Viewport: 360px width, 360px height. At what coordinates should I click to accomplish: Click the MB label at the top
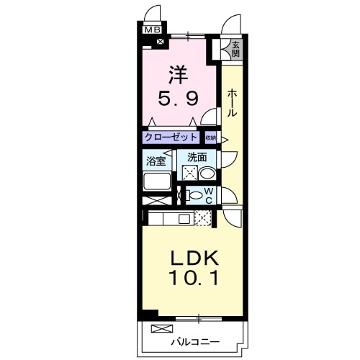[153, 30]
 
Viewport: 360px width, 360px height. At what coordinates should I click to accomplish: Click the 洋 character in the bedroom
[179, 73]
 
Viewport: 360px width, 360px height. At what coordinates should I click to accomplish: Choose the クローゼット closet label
[171, 137]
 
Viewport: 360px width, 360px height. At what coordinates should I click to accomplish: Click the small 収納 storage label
[210, 137]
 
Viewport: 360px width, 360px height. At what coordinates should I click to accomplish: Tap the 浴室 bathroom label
[156, 160]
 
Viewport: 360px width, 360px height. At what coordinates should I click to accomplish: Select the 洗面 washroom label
[198, 157]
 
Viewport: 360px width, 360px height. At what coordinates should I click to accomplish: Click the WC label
[208, 195]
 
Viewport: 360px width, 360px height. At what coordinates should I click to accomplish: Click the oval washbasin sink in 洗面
[206, 174]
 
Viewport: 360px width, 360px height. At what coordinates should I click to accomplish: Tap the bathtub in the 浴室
[157, 181]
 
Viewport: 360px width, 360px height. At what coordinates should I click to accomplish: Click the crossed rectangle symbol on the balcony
[158, 328]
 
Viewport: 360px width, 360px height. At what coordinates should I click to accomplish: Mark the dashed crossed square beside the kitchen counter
[202, 218]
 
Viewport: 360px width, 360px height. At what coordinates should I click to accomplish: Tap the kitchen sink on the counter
[184, 218]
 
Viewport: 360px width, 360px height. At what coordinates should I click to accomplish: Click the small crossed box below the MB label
[158, 42]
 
